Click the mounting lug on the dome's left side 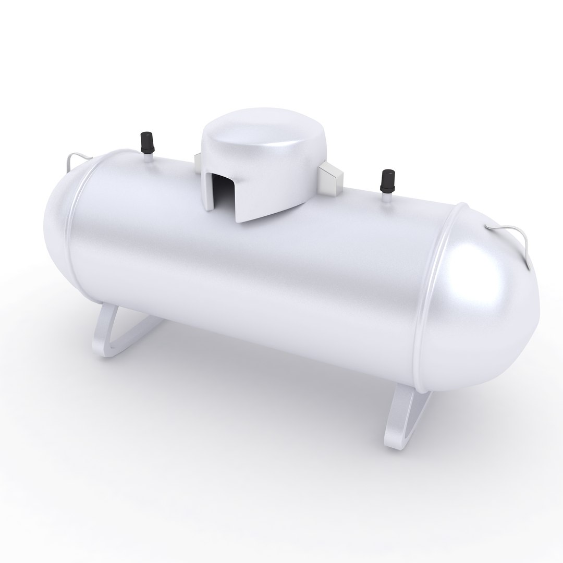[198, 162]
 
